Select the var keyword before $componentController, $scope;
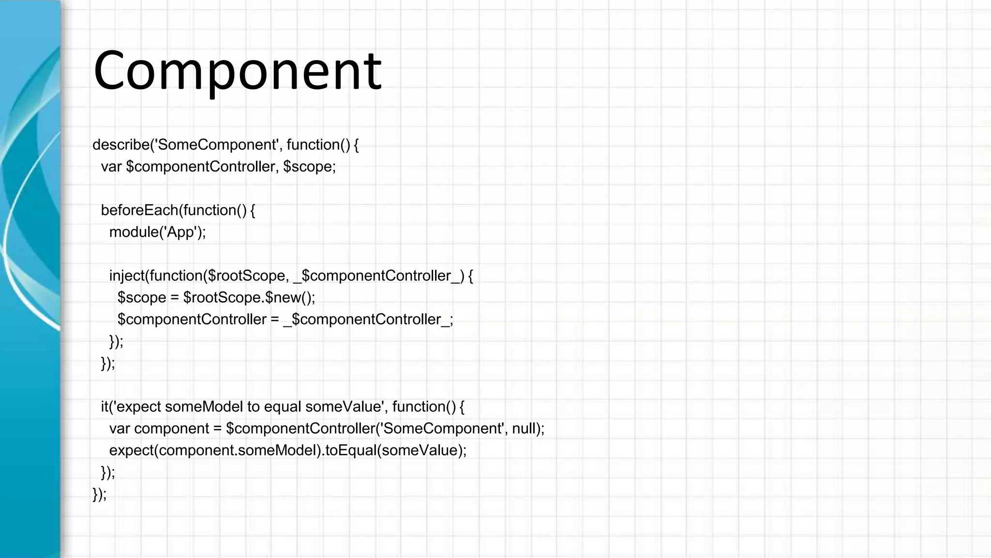click(111, 167)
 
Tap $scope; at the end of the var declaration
click(309, 167)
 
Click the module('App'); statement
click(157, 232)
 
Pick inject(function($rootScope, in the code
click(199, 276)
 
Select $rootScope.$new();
click(249, 297)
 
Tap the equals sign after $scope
click(175, 297)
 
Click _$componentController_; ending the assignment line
click(368, 319)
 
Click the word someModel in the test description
click(204, 406)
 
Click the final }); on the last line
click(100, 494)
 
